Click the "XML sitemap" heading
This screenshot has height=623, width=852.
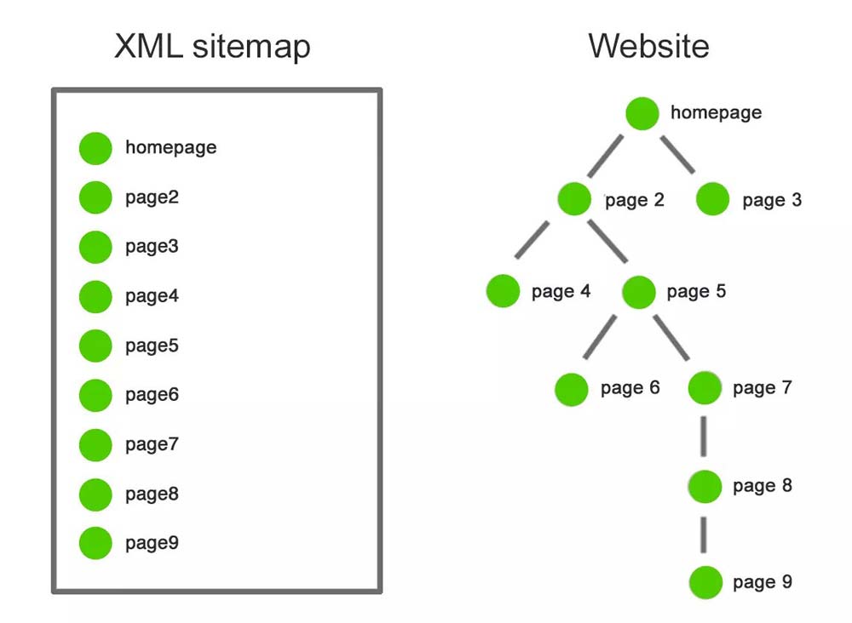(x=212, y=46)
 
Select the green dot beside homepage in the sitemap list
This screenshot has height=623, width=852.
(x=95, y=148)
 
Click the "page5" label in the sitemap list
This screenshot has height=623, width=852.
(x=152, y=346)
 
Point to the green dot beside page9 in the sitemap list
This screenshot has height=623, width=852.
(x=95, y=543)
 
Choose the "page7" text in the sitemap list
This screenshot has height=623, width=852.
(x=152, y=444)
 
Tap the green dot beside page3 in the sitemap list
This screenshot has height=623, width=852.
(x=95, y=247)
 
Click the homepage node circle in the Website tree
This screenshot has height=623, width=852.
(x=642, y=113)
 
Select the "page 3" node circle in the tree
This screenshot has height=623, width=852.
(x=712, y=200)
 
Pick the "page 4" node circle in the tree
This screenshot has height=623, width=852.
(x=503, y=291)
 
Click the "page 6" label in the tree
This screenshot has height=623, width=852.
(x=630, y=388)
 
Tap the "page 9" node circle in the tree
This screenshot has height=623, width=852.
(x=705, y=583)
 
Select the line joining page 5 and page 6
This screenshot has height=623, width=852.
(x=602, y=336)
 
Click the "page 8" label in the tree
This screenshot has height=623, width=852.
(x=763, y=486)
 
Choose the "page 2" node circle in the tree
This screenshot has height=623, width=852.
(x=574, y=200)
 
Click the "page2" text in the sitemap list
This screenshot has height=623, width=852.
(x=152, y=197)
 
